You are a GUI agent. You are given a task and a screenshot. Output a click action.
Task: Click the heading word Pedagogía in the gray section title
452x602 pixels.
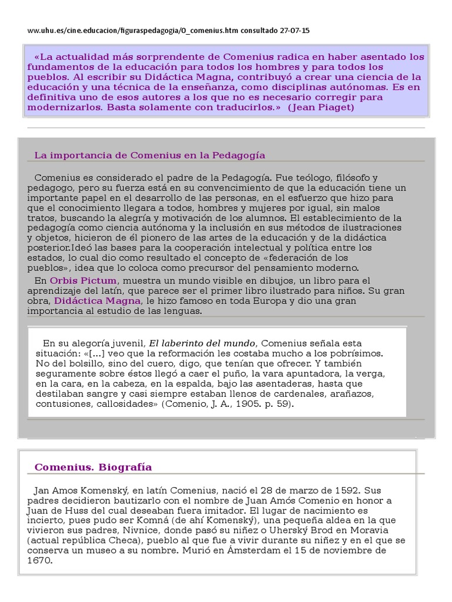click(240, 155)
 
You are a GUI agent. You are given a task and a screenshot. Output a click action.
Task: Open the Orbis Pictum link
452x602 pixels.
click(83, 280)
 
